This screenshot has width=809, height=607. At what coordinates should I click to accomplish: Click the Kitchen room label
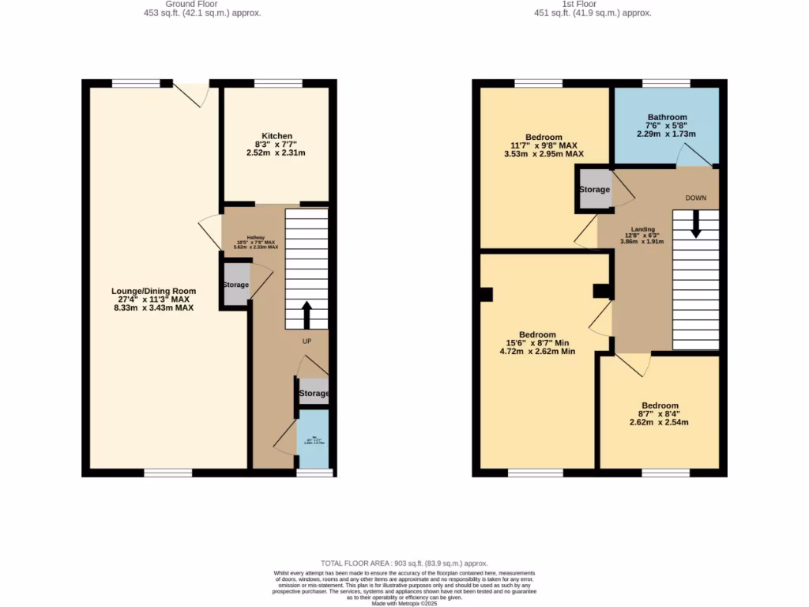click(277, 136)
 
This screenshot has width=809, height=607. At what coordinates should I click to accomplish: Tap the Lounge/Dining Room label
click(153, 291)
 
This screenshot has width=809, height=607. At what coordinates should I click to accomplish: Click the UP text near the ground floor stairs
click(307, 341)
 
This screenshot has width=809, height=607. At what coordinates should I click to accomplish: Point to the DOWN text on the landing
click(695, 198)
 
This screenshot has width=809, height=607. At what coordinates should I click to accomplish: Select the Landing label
click(642, 229)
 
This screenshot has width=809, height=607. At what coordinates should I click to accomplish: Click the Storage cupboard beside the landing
click(594, 190)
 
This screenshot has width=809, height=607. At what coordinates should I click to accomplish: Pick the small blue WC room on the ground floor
click(312, 440)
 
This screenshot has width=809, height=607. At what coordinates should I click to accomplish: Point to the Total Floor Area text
click(404, 562)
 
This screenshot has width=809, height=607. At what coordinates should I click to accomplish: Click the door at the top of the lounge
click(192, 92)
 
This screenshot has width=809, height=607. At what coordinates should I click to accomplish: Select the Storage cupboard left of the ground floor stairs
click(235, 285)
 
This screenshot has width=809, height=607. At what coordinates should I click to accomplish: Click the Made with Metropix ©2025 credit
click(404, 604)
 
